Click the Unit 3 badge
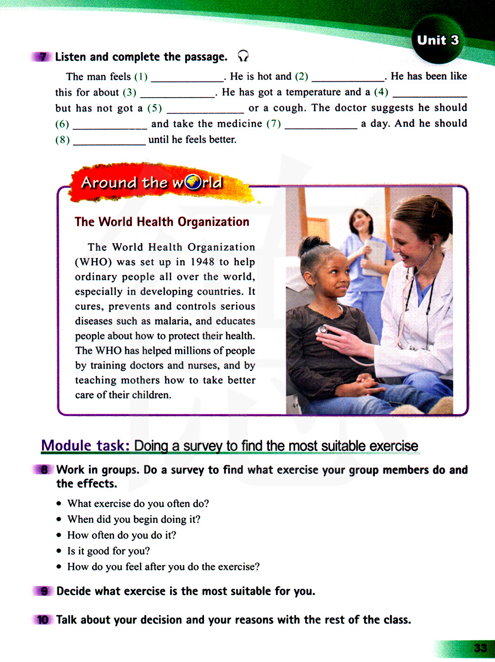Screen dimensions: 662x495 point(438,40)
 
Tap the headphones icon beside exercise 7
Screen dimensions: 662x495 point(243,56)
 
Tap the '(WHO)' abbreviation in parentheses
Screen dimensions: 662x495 point(94,262)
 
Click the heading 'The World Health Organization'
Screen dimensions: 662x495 point(162,222)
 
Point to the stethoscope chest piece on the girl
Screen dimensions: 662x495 point(323,330)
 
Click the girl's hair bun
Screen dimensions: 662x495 point(310,244)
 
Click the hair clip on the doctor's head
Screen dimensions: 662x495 point(434,208)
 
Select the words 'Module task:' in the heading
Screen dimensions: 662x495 point(85,445)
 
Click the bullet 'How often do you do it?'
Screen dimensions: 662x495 point(122,535)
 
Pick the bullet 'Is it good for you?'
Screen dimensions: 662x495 point(108,551)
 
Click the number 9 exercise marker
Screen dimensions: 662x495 point(44,591)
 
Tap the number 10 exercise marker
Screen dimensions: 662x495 point(43,620)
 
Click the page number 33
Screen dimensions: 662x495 point(480,648)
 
